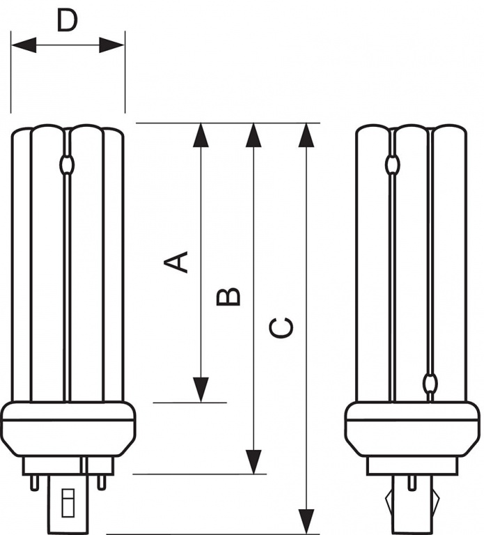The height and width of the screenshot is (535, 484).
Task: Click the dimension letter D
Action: pos(68,20)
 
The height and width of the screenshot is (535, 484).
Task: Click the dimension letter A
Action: pos(176,262)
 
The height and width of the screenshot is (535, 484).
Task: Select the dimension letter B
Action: pos(228,297)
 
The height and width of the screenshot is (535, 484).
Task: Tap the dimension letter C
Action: pos(281,328)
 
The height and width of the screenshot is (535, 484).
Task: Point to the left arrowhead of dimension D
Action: pos(24,45)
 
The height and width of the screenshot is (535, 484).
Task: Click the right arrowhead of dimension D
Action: pos(112,45)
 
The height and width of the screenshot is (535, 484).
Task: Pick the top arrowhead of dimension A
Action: pos(201,135)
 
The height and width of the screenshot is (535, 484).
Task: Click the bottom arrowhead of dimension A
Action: pos(201,390)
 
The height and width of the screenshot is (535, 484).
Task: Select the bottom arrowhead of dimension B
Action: pos(253,462)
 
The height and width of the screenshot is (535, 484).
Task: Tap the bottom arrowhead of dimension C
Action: pos(306,522)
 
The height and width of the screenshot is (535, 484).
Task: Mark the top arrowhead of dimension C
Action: pos(306,135)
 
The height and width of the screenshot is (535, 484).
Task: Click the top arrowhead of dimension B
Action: pos(253,135)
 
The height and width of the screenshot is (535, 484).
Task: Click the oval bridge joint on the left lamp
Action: pos(67,164)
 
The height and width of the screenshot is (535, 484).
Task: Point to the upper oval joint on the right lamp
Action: pos(393,164)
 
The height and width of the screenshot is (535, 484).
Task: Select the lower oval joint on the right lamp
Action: pos(430,382)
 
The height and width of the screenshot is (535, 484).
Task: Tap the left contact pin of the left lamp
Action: pos(34,483)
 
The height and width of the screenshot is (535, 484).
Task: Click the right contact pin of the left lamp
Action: pos(101,483)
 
